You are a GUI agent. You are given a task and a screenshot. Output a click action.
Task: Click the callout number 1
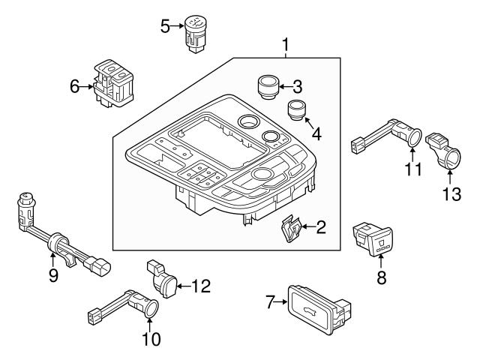[x=286, y=46]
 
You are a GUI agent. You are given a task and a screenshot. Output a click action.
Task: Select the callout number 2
[x=321, y=226]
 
